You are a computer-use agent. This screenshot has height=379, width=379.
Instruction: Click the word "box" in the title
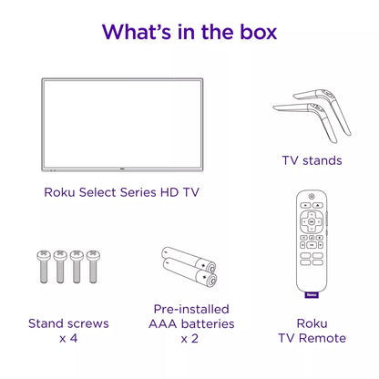coord(259,32)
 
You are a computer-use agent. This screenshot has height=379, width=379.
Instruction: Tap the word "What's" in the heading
coord(137,32)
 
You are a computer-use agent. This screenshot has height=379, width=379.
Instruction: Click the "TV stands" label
coord(312,160)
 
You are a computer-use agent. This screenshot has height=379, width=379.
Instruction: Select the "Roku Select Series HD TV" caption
coord(121,192)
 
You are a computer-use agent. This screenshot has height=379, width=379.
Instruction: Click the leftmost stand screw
coord(44,266)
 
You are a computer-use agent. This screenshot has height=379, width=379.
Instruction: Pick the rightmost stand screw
coord(93,266)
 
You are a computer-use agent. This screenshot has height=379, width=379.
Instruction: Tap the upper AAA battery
coord(189,259)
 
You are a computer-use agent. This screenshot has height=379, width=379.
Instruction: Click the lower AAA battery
coord(190,272)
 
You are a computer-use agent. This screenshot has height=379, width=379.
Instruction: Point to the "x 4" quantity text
coord(68,338)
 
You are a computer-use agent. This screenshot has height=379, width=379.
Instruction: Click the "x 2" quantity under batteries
coord(189,338)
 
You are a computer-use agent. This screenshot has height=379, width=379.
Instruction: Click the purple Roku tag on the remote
coord(312,294)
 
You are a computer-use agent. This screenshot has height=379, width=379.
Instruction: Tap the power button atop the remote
coord(312,197)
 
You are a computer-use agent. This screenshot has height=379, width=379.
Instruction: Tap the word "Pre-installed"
coord(191,309)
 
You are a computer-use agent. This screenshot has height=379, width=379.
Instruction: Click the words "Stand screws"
coord(68,323)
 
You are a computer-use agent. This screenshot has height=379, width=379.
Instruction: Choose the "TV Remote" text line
coord(312,338)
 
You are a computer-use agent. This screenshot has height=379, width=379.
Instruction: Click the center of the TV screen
coord(122,124)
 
